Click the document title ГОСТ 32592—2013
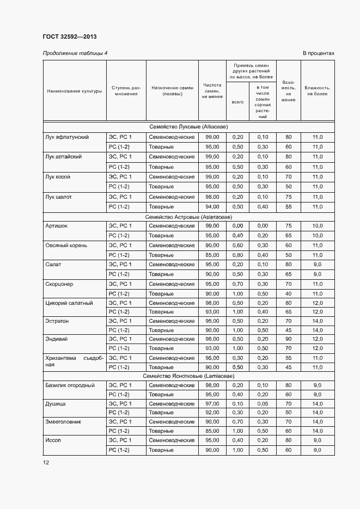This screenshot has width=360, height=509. click(x=70, y=36)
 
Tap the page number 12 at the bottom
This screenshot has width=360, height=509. click(x=46, y=462)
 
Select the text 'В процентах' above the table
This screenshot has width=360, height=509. click(x=318, y=53)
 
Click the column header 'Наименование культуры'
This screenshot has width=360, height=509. click(x=75, y=91)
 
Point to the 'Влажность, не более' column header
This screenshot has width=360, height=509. click(x=317, y=90)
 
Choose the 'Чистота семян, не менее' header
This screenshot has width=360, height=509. click(x=212, y=90)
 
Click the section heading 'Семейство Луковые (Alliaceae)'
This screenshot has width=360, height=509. click(x=188, y=126)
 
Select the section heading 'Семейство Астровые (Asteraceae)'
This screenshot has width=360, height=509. click(x=188, y=217)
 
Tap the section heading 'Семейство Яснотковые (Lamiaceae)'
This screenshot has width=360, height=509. click(x=188, y=376)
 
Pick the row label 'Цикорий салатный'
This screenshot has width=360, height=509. click(x=69, y=303)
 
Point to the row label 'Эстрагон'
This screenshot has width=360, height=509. click(x=57, y=321)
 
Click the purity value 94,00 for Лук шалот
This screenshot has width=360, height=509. click(x=212, y=206)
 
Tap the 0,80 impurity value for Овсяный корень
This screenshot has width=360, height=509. click(x=237, y=255)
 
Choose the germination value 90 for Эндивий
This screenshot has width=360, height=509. click(x=288, y=339)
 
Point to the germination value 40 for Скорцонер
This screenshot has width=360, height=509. click(x=288, y=293)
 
